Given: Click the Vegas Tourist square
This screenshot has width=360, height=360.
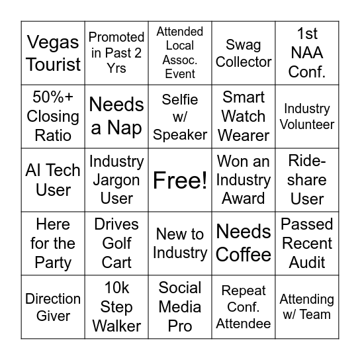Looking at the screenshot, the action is (x=53, y=53).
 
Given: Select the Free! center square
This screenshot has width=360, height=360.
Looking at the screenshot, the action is (x=180, y=180).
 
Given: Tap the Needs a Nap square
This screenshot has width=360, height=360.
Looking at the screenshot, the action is (x=116, y=116).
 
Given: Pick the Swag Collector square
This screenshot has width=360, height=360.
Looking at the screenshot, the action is (x=244, y=53).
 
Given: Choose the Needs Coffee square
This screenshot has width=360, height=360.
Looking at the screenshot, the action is (x=244, y=244).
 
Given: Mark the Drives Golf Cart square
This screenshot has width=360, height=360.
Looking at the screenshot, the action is (x=116, y=244).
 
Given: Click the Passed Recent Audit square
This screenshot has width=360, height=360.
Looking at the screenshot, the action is (x=307, y=244).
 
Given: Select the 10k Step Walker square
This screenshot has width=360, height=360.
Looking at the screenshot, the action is (x=116, y=307).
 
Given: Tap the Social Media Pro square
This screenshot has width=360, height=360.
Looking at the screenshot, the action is (x=180, y=307).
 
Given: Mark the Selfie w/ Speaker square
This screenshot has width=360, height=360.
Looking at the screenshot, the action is (x=180, y=116).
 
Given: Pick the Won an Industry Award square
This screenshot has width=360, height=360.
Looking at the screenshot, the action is (x=244, y=180).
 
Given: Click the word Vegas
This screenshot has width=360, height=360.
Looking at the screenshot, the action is (x=54, y=43).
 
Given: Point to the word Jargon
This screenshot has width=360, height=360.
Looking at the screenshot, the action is (x=116, y=180).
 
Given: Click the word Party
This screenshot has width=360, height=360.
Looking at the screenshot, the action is (x=53, y=262).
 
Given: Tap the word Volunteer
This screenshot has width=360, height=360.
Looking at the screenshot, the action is (x=307, y=124).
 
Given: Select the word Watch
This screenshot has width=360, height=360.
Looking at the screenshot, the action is (x=244, y=116).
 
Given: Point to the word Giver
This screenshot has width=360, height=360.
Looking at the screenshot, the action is (x=53, y=316).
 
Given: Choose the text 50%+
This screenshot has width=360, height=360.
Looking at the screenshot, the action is (x=53, y=98).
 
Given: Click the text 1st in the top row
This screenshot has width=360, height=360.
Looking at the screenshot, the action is (x=307, y=34).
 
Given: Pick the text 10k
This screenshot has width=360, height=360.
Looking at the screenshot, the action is (x=116, y=288).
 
